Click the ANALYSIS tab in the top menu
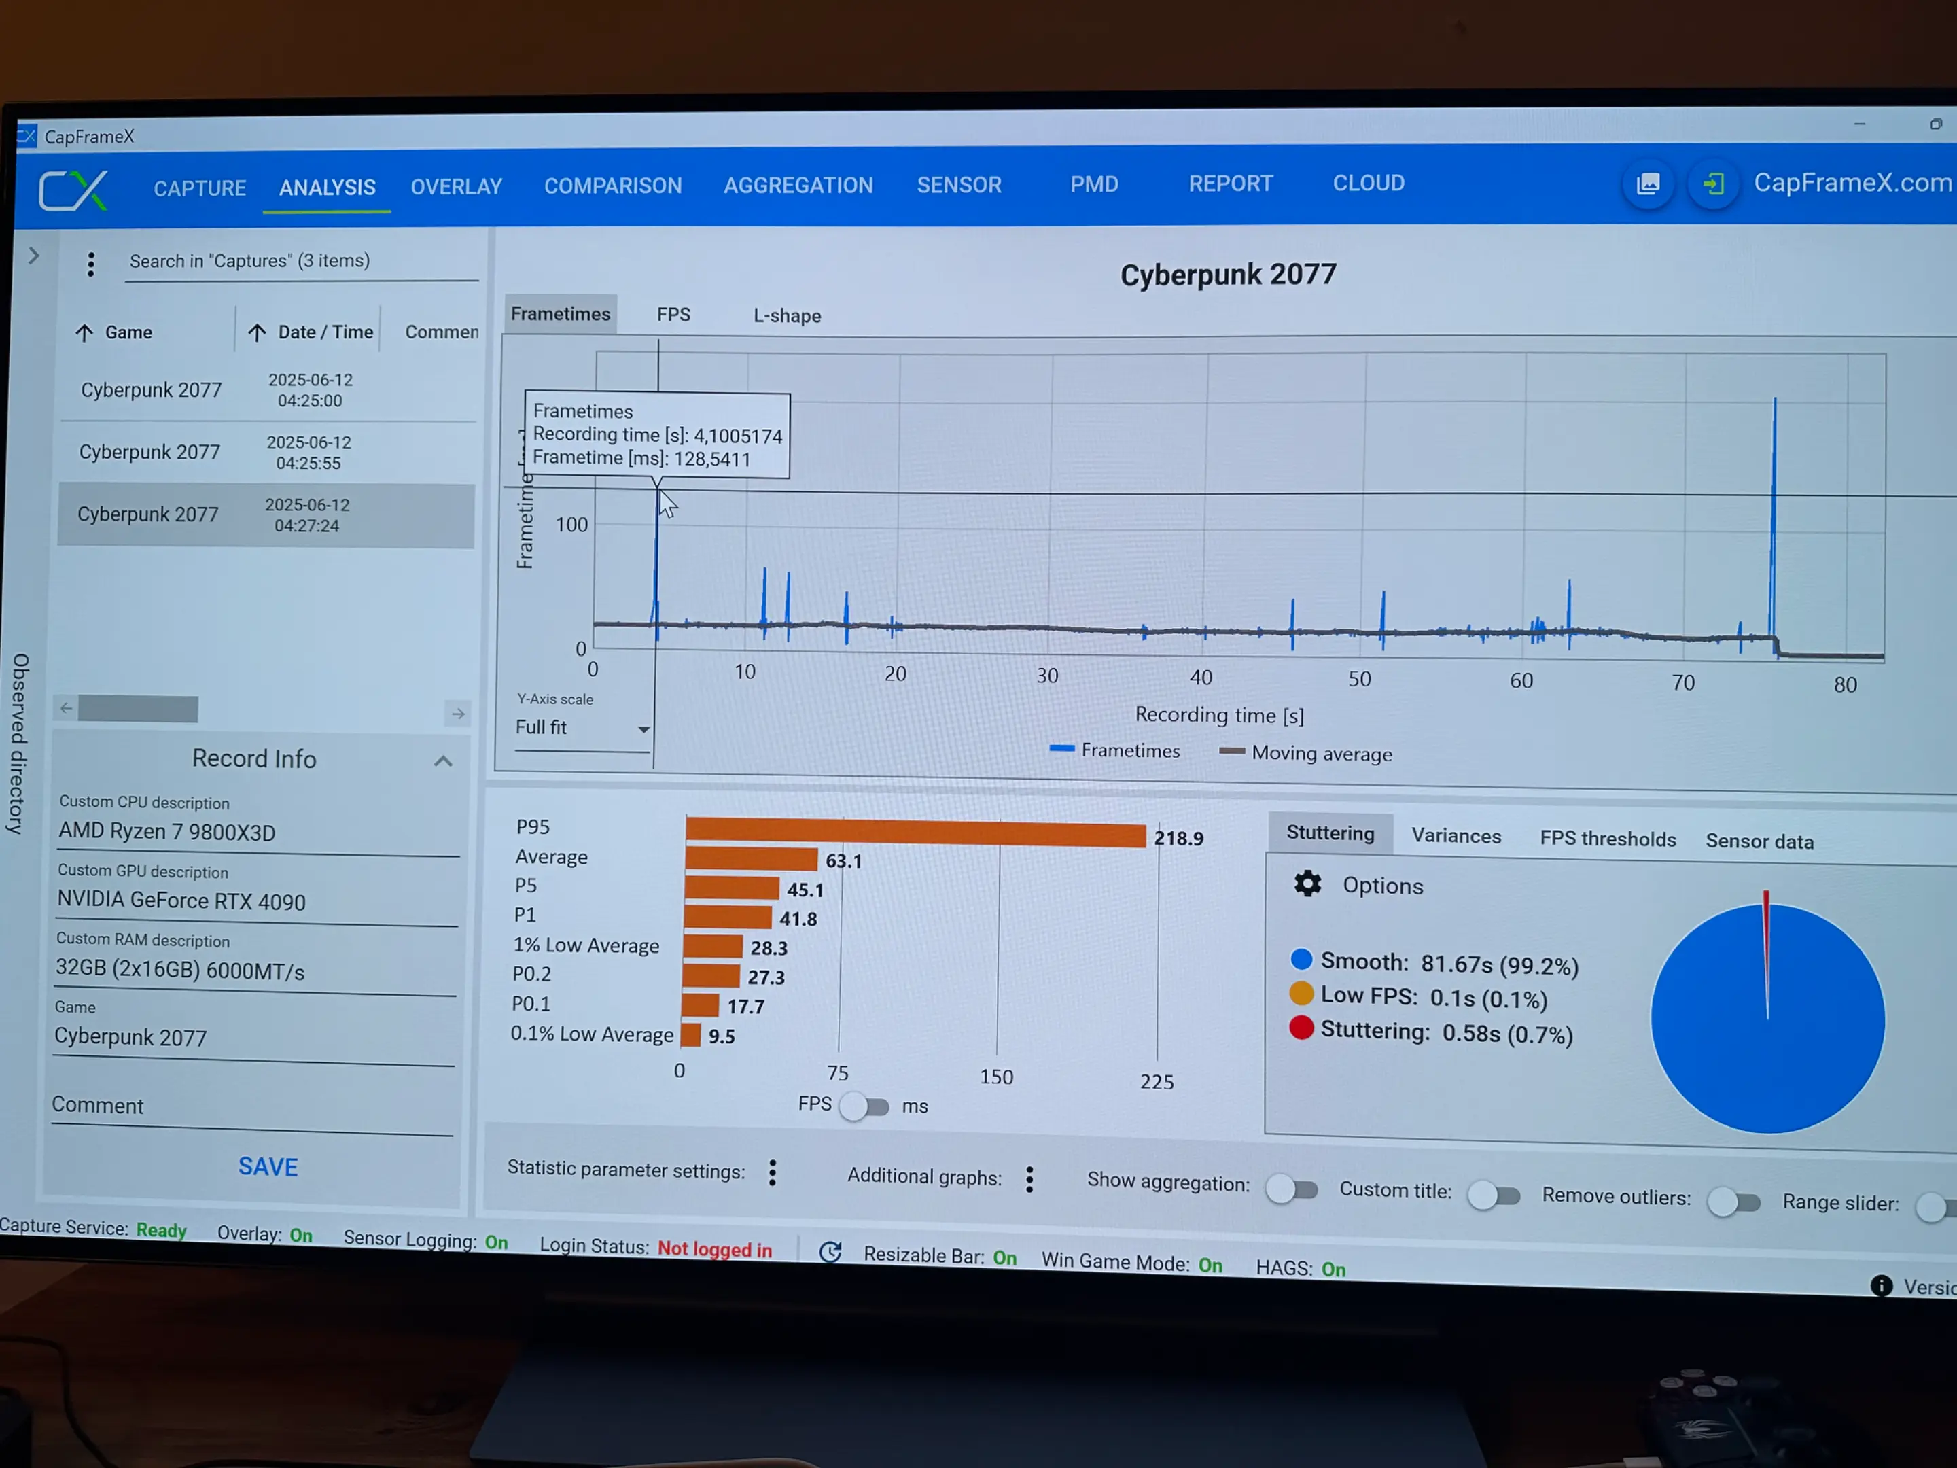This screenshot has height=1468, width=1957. point(328,188)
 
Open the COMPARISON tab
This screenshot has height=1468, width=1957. point(613,186)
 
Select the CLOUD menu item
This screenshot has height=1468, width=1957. point(1369,183)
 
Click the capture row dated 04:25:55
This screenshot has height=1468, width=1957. point(266,452)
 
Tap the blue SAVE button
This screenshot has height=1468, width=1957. point(268,1166)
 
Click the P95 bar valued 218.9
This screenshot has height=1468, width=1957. point(916,833)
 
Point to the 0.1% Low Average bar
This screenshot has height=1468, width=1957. point(691,1034)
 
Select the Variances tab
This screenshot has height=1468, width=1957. point(1456,836)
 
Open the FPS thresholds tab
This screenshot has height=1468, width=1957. point(1608,839)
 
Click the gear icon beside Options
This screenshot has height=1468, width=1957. point(1307,884)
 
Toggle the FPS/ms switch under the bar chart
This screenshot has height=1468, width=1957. point(864,1106)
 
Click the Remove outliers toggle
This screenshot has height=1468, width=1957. point(1733,1202)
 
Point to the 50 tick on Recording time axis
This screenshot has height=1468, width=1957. point(1360,680)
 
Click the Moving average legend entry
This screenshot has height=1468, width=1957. point(1306,753)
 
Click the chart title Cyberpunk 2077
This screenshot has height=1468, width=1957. point(1228,275)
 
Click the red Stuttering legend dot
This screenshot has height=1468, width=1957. point(1301,1028)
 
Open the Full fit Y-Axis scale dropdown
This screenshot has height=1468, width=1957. point(582,729)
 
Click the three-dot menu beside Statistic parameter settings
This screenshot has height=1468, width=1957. point(773,1173)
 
